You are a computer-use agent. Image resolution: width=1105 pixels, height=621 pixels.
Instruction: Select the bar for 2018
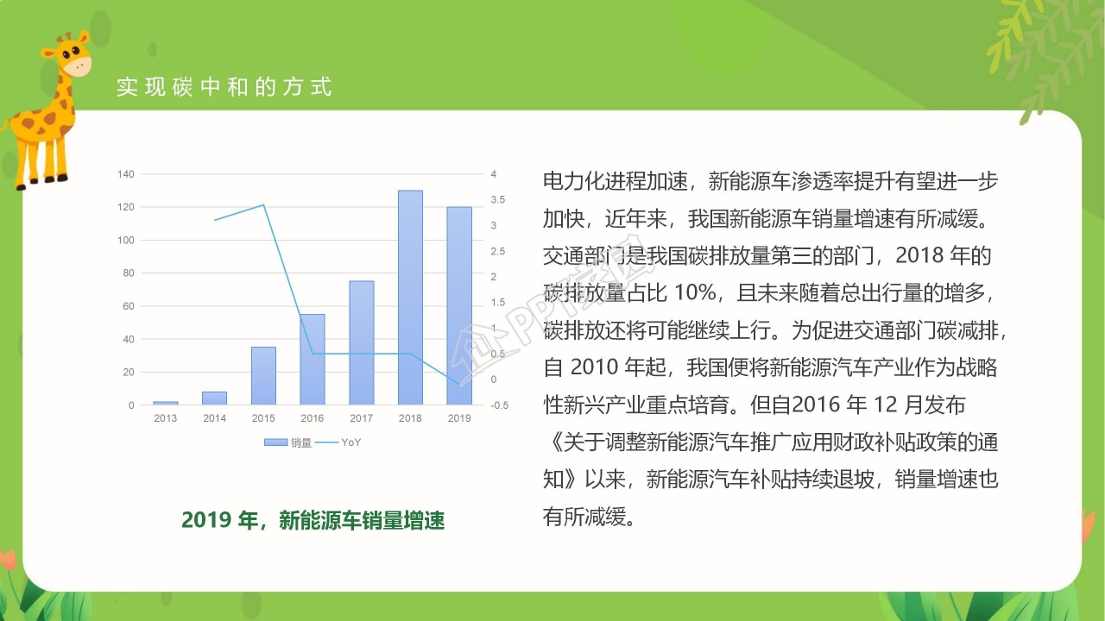(x=410, y=298)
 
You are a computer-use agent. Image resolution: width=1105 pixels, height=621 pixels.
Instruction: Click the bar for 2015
(x=263, y=376)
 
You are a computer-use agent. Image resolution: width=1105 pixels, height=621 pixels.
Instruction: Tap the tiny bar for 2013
(x=166, y=403)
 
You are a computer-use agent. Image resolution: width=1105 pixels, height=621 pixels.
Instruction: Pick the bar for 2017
(x=362, y=343)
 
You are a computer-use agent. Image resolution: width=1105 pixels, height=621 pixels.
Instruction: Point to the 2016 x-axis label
(x=313, y=418)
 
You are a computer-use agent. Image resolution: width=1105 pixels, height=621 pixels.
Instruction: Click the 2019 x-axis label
(x=459, y=418)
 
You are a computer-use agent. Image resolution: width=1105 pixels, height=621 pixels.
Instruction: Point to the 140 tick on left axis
(x=125, y=174)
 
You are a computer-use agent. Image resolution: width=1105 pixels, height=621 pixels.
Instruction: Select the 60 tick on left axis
(x=129, y=306)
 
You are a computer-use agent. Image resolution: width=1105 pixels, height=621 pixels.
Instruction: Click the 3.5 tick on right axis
(x=499, y=200)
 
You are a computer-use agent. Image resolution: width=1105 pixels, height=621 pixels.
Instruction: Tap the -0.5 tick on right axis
(x=499, y=405)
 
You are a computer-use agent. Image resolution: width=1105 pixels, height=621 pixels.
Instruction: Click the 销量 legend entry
(x=288, y=442)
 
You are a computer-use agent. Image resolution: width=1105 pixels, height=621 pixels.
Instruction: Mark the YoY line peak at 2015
(x=263, y=205)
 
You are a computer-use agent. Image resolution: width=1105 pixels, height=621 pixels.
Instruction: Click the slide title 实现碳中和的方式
(x=224, y=87)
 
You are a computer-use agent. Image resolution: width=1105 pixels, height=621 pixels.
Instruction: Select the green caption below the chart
(x=313, y=520)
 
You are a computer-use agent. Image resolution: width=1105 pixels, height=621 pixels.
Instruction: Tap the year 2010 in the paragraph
(x=595, y=367)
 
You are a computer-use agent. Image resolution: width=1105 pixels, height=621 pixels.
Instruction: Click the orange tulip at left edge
(x=8, y=561)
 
